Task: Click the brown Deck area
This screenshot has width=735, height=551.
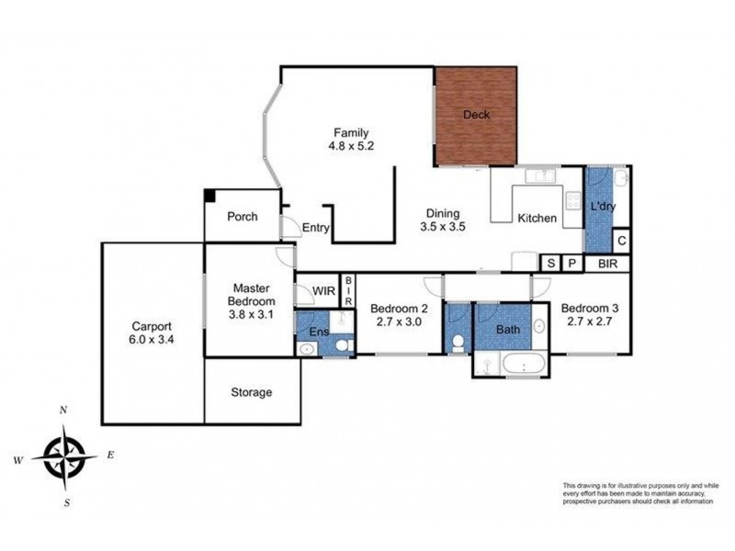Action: [x=476, y=116]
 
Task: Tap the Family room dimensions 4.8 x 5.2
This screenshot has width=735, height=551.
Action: [x=351, y=145]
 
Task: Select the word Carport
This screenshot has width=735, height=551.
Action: [x=152, y=325]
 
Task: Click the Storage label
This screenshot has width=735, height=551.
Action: [x=251, y=392]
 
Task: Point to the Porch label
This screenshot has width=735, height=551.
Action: [x=242, y=217]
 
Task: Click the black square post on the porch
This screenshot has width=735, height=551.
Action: [x=210, y=195]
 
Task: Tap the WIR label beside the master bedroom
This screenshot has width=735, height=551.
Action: [x=323, y=290]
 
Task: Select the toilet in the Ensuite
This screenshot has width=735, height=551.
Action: [x=342, y=345]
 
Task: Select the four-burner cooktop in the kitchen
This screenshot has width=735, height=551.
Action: [x=573, y=201]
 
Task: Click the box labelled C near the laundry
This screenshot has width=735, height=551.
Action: [x=622, y=241]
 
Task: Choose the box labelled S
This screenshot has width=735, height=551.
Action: [x=550, y=264]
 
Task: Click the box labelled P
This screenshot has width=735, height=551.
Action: [x=571, y=264]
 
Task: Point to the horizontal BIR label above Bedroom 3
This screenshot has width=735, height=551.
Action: [x=607, y=264]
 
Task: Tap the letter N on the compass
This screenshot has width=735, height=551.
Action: [x=62, y=410]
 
